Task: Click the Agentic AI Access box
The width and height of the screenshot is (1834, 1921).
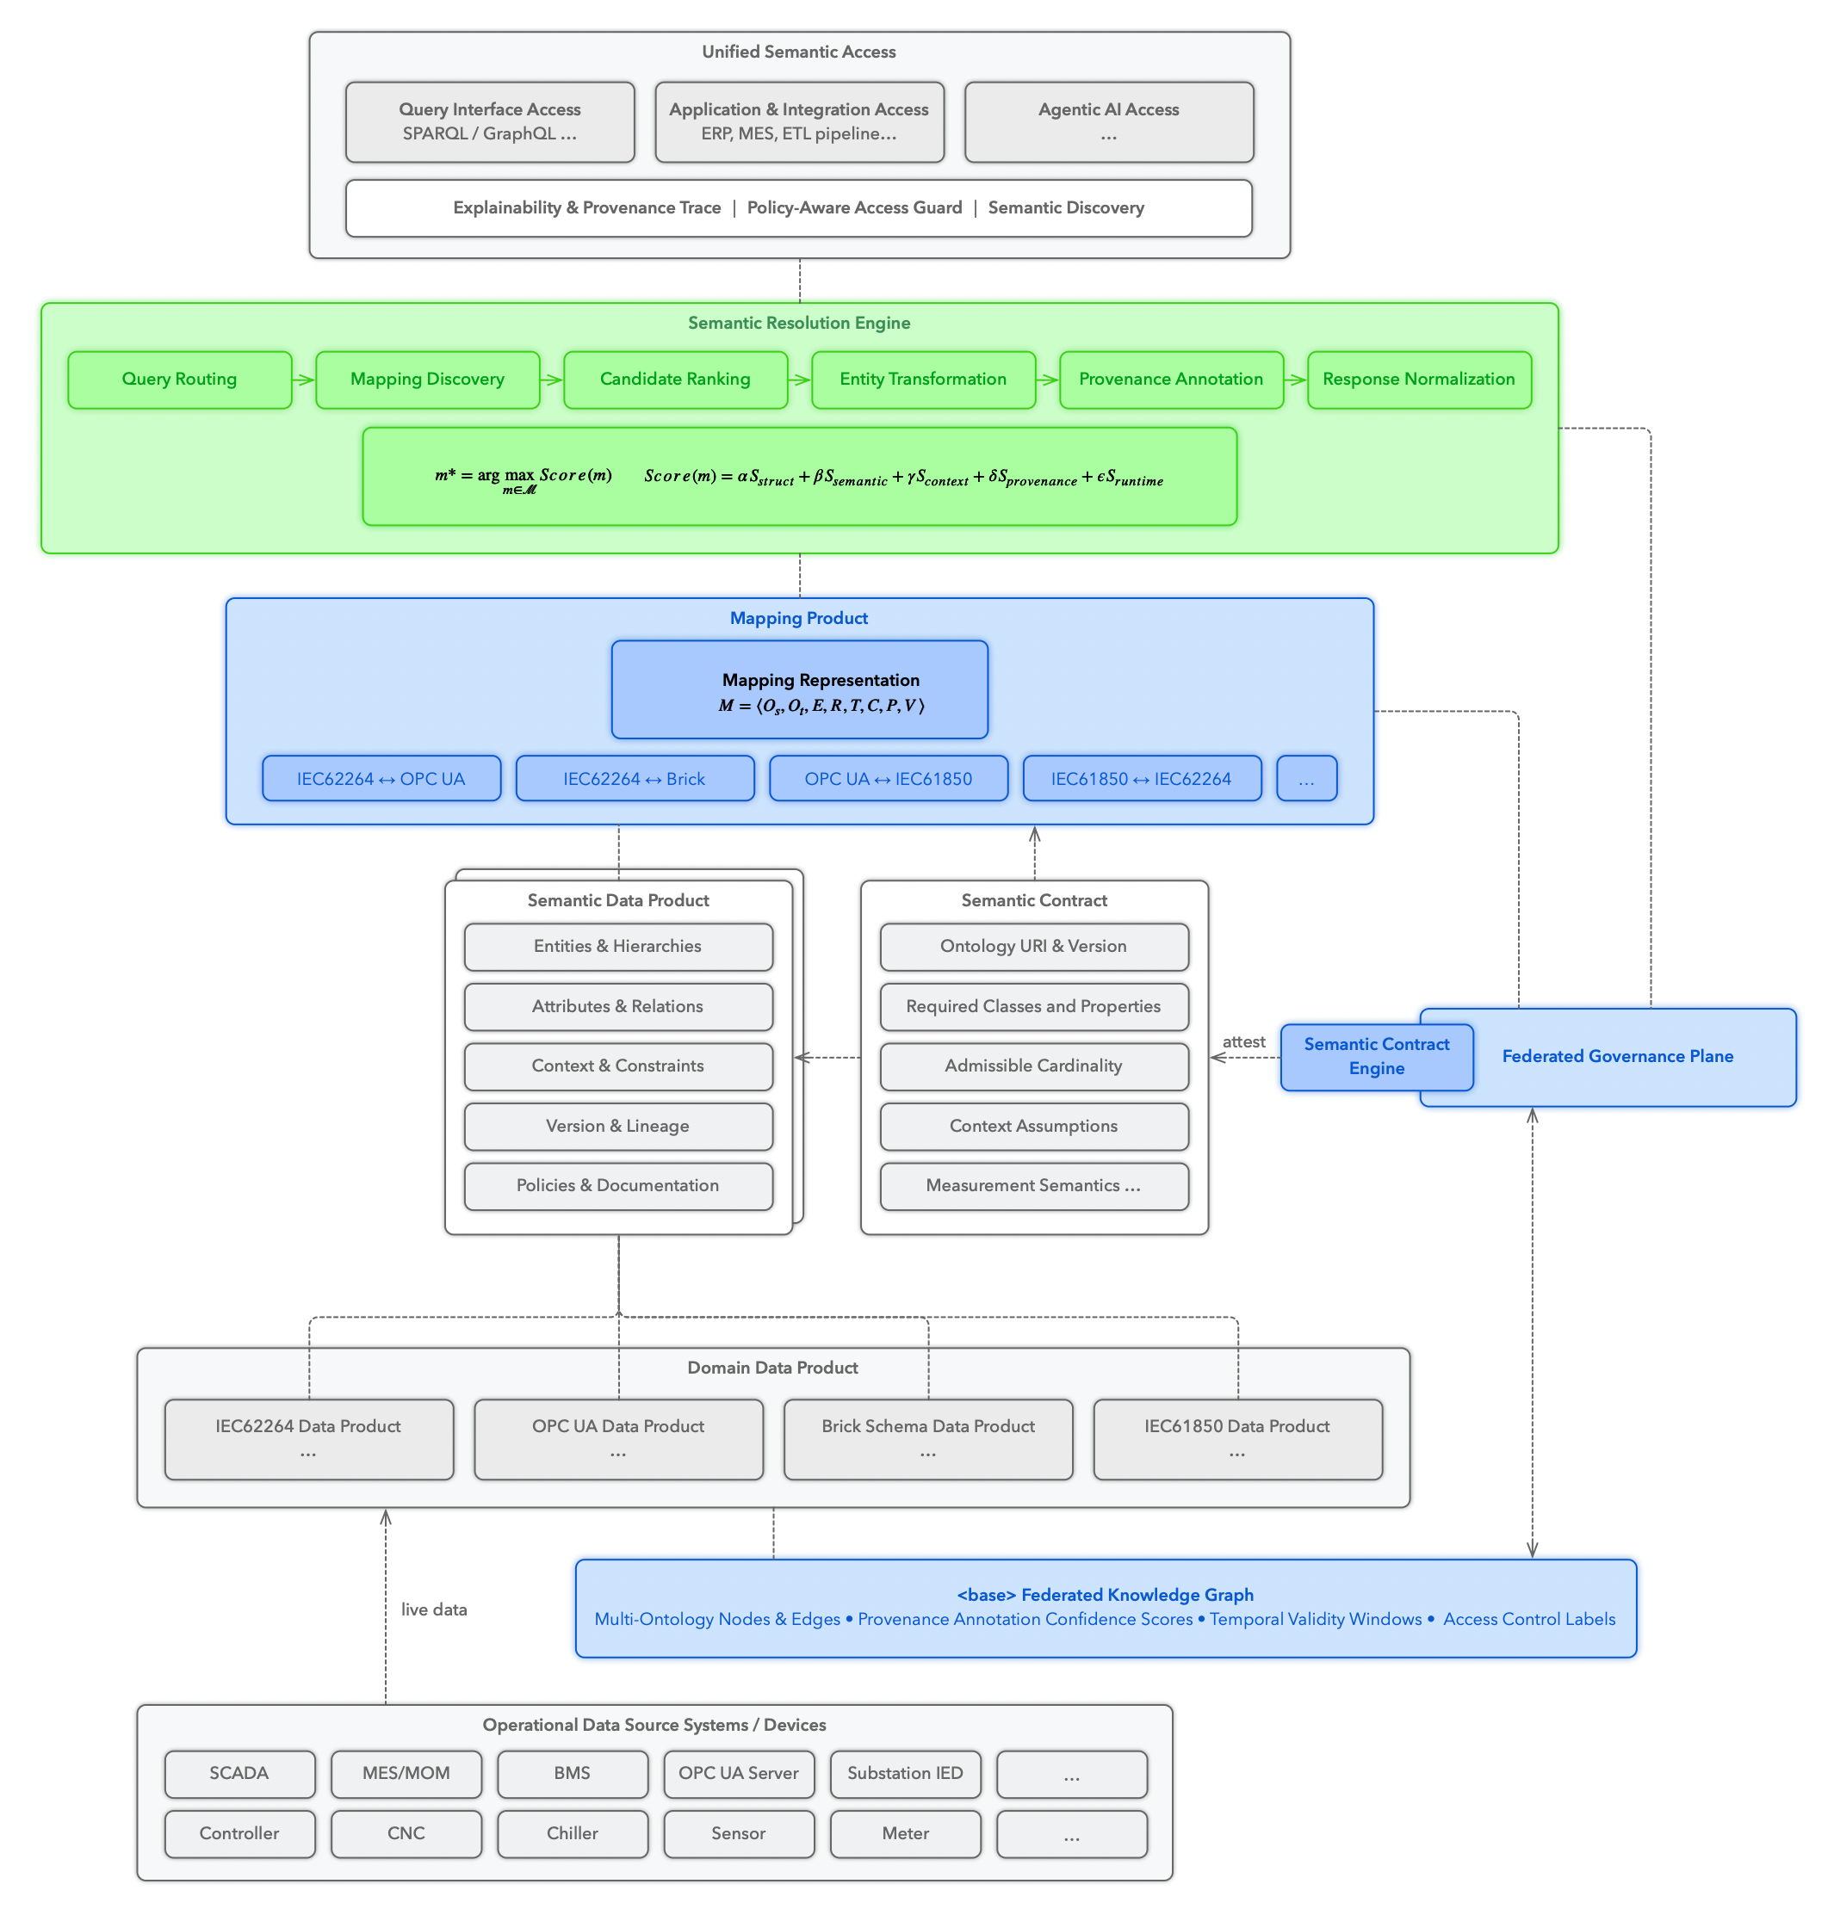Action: [x=1109, y=122]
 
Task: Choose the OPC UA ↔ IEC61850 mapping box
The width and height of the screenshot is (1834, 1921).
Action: [x=889, y=779]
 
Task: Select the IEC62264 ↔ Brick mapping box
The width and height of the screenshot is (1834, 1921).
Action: [x=635, y=779]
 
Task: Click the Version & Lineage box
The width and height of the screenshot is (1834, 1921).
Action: [x=618, y=1127]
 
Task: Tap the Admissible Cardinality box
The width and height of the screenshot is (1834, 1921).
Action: [x=1034, y=1066]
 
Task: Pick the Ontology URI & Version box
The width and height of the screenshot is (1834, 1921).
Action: [x=1034, y=947]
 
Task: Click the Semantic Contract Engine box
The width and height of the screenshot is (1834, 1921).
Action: [x=1377, y=1057]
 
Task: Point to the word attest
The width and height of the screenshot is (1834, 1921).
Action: [x=1243, y=1041]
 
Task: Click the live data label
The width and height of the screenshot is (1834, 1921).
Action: [x=434, y=1609]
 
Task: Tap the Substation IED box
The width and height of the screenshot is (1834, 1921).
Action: [x=905, y=1774]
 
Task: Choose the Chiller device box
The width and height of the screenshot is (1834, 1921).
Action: [x=573, y=1834]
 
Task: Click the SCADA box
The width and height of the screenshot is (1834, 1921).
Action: [x=239, y=1774]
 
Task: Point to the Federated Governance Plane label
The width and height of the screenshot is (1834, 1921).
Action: [x=1618, y=1056]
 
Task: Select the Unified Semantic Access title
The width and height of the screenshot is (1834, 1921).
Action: [x=799, y=52]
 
